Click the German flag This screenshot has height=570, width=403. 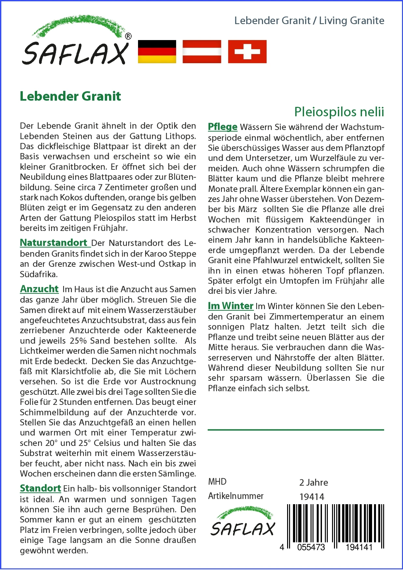pyautogui.click(x=157, y=51)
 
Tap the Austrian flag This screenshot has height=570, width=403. pyautogui.click(x=202, y=51)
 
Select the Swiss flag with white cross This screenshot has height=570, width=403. pyautogui.click(x=247, y=51)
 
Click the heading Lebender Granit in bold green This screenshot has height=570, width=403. pyautogui.click(x=70, y=96)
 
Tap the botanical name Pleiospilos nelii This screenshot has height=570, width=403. pyautogui.click(x=339, y=112)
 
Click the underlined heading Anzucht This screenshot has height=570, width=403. pyautogui.click(x=39, y=289)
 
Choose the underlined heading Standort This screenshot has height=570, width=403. pyautogui.click(x=40, y=488)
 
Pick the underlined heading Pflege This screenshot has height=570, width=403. pyautogui.click(x=223, y=127)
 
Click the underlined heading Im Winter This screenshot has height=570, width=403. pyautogui.click(x=230, y=306)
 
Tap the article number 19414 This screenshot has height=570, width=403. pyautogui.click(x=312, y=497)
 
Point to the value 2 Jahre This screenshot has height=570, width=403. pyautogui.click(x=313, y=482)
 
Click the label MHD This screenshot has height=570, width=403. pyautogui.click(x=217, y=482)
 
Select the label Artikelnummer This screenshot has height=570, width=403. pyautogui.click(x=236, y=496)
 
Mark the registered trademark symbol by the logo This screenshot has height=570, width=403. pyautogui.click(x=128, y=36)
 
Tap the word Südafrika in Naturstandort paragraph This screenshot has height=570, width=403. pyautogui.click(x=39, y=274)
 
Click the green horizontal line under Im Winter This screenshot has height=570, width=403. pyautogui.click(x=296, y=430)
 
